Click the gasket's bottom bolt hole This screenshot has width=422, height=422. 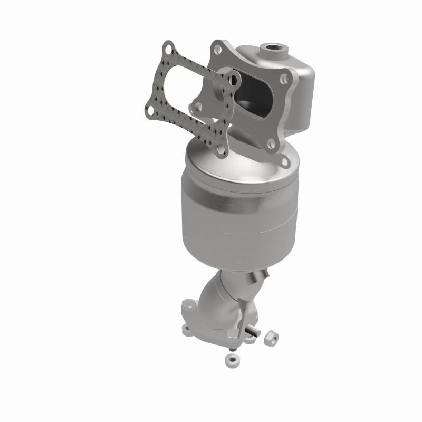pyautogui.click(x=221, y=149)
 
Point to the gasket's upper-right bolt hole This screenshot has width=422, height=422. pyautogui.click(x=234, y=79)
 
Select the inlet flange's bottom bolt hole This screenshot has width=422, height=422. pyautogui.click(x=271, y=142)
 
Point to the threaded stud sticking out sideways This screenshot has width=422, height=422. pyautogui.click(x=252, y=332)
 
